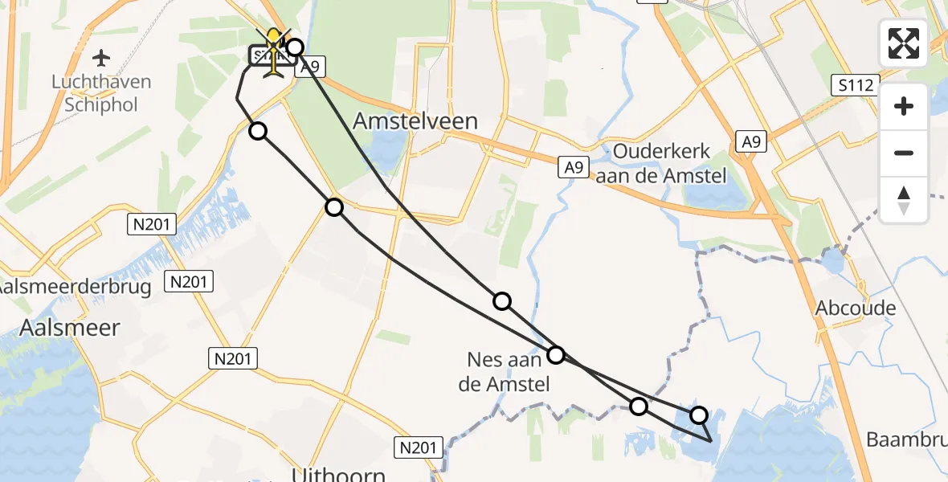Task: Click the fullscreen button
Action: tap(904, 43)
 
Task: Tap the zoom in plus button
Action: tap(904, 106)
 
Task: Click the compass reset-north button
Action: tap(904, 200)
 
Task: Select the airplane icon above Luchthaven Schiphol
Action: tap(102, 58)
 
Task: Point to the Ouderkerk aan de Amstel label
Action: tap(669, 163)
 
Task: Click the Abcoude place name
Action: tap(855, 308)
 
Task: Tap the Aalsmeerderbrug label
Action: tap(76, 287)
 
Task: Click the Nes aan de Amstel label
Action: tap(504, 374)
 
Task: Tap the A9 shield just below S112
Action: tap(750, 141)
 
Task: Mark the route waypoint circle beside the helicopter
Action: tap(295, 47)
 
